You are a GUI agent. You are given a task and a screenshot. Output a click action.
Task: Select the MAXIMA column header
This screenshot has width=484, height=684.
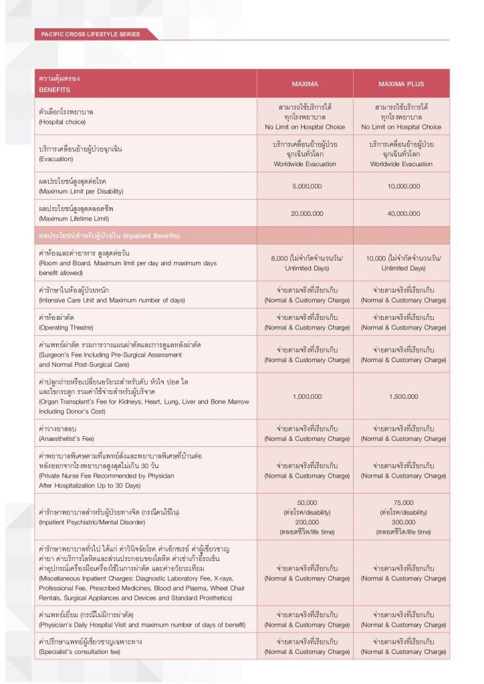click(x=305, y=84)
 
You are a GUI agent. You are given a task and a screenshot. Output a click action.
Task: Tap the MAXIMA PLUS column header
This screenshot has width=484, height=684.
click(x=401, y=84)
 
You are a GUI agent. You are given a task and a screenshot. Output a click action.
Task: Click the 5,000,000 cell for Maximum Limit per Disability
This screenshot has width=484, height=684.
click(x=305, y=186)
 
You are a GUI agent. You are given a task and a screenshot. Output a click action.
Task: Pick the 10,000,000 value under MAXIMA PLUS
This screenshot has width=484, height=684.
click(x=401, y=186)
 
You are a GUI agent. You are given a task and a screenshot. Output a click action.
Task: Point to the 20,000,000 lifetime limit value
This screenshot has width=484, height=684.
click(x=305, y=213)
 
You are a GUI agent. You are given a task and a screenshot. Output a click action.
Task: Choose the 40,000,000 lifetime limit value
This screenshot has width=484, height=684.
click(x=401, y=213)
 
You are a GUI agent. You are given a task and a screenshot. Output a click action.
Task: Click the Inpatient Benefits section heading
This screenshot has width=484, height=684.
click(x=109, y=236)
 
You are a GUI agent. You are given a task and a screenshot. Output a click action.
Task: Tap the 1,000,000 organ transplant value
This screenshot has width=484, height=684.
click(x=305, y=396)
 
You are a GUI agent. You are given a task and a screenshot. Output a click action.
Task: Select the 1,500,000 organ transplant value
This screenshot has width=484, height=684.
click(x=401, y=396)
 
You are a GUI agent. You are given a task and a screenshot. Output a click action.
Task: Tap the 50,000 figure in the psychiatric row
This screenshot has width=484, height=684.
click(x=305, y=502)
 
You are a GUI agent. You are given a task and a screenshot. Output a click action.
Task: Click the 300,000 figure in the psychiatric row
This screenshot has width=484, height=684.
click(x=401, y=522)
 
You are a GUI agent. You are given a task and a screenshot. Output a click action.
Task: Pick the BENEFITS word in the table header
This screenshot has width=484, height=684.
click(x=54, y=89)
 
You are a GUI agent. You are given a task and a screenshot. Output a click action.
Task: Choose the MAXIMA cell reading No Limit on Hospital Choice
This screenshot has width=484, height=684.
click(x=305, y=127)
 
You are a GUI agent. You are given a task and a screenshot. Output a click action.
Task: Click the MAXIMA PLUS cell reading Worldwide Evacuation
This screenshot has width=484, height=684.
click(x=401, y=164)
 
